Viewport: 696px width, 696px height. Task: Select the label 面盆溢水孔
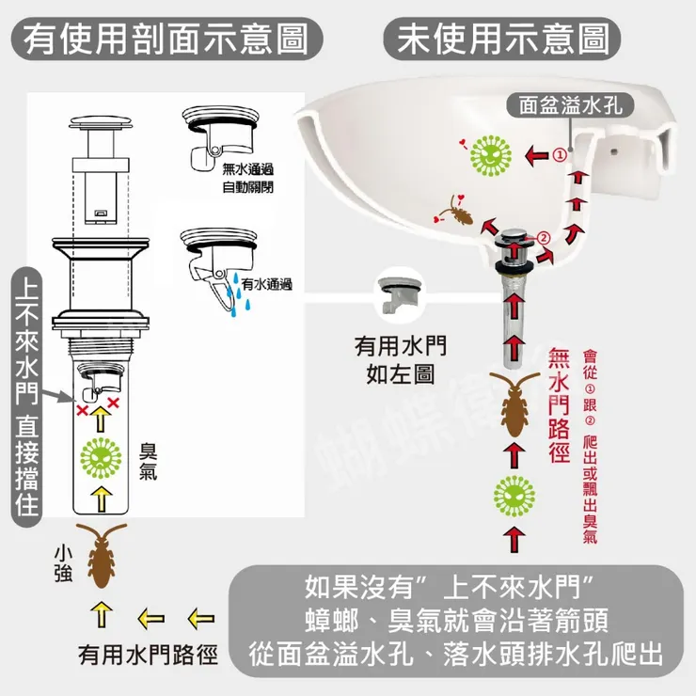click(571, 104)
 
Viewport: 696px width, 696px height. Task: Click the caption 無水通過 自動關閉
click(248, 178)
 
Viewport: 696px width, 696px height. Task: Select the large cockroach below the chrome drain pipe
click(514, 405)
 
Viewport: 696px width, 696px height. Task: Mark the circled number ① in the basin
click(559, 155)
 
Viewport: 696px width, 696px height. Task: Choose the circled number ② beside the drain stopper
click(544, 237)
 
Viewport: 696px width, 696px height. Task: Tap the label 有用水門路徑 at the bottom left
click(147, 655)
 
